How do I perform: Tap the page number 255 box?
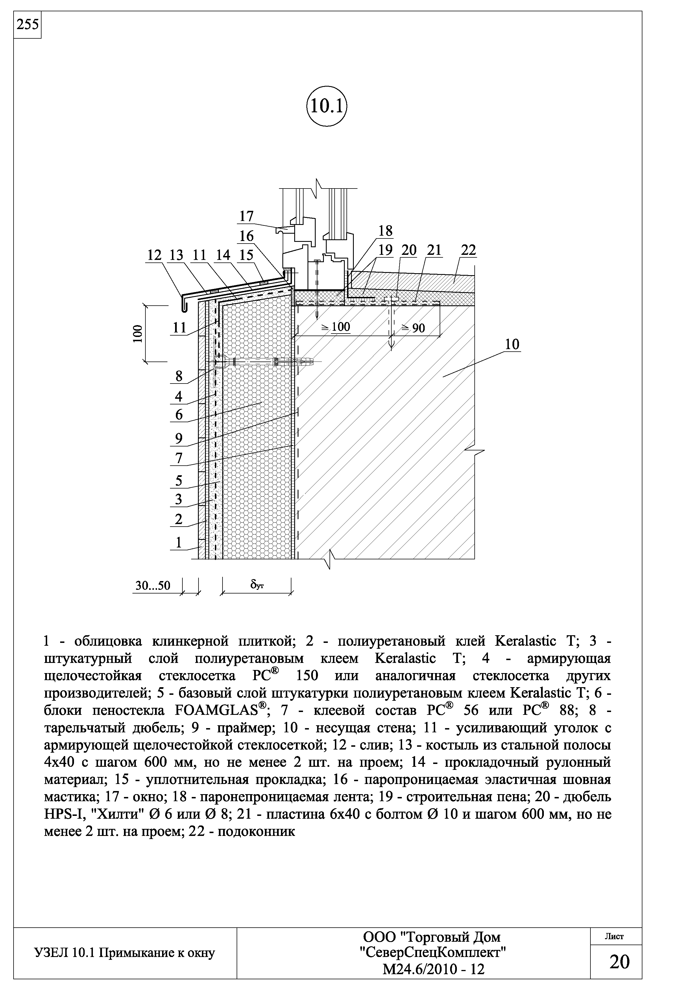(x=27, y=25)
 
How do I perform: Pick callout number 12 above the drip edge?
(x=154, y=255)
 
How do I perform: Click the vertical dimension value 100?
(x=137, y=333)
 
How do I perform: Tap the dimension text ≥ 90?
(x=413, y=328)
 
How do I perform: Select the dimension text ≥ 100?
(x=336, y=327)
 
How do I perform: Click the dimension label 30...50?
(x=153, y=586)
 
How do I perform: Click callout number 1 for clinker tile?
(x=178, y=542)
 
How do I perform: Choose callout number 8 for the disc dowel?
(x=178, y=376)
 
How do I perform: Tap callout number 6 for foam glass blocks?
(x=178, y=415)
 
